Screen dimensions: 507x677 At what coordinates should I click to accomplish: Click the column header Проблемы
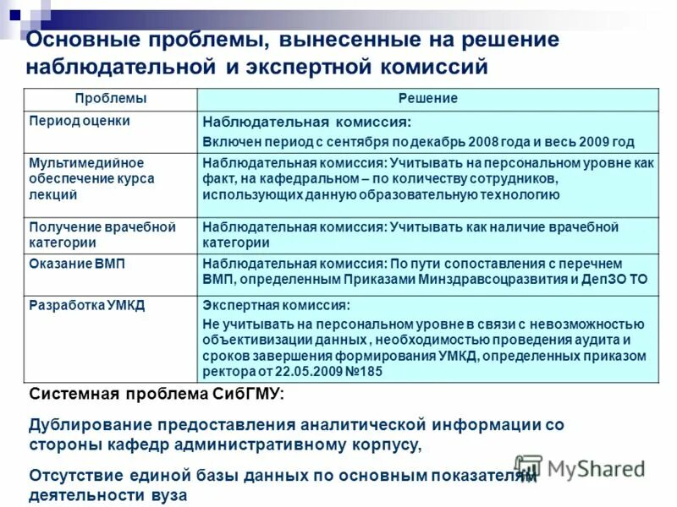[110, 99]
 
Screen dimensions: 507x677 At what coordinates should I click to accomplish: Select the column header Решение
[428, 99]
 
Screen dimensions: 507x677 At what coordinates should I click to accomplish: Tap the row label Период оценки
[80, 121]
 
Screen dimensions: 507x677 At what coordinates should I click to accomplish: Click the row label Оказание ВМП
[77, 264]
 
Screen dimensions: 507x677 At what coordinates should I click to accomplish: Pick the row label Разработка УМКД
[86, 305]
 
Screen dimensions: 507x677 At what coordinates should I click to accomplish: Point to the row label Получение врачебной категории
[102, 235]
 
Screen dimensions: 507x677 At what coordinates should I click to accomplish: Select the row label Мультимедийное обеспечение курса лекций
[86, 178]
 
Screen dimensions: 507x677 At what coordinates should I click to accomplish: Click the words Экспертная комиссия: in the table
[276, 306]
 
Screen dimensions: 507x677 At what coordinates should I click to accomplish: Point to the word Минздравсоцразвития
[488, 279]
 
